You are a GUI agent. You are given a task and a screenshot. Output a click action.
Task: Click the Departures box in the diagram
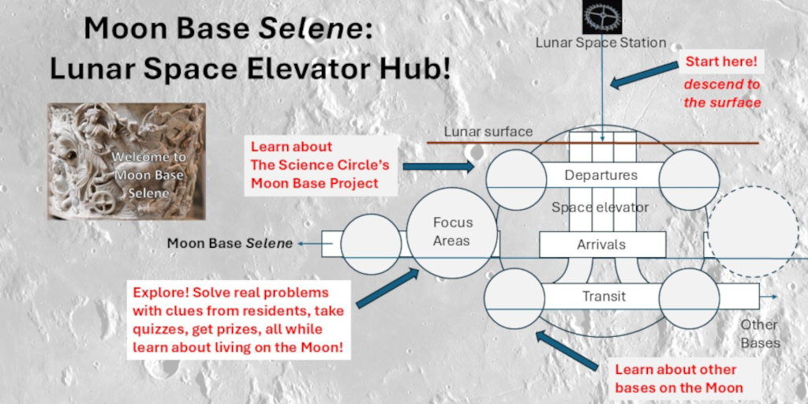click(601, 175)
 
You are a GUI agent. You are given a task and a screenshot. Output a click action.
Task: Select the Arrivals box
click(602, 245)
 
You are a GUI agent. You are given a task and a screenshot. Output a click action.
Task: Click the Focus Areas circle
click(452, 233)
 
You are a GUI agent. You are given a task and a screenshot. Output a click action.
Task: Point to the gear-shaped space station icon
click(602, 17)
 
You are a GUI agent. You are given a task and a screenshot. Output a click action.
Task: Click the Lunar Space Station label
click(600, 43)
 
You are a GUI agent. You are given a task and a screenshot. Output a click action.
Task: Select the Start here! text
click(721, 62)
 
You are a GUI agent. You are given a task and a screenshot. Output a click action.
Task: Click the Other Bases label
click(760, 334)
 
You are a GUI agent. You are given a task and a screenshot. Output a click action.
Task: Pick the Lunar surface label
click(488, 132)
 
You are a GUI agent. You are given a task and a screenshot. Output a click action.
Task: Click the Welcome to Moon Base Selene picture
click(127, 161)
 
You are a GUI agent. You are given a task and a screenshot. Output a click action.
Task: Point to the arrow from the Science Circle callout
click(439, 166)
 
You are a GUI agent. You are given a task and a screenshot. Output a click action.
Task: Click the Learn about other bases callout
click(679, 378)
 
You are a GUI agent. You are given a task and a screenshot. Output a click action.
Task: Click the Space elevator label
click(600, 208)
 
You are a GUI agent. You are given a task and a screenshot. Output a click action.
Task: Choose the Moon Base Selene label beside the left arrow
click(230, 243)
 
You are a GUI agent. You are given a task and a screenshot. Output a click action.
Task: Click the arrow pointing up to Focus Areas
click(388, 289)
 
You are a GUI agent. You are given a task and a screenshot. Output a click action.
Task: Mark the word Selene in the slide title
click(310, 29)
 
